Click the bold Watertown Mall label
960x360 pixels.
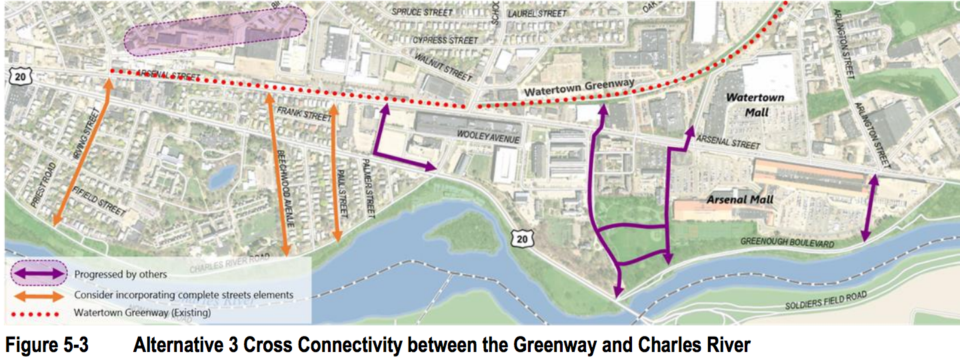coord(755,105)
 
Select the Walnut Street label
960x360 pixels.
coord(451,65)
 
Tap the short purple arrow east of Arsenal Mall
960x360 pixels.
coord(869,208)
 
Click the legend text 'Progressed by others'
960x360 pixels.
coord(121,274)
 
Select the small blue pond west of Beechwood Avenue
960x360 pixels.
coord(221,176)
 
